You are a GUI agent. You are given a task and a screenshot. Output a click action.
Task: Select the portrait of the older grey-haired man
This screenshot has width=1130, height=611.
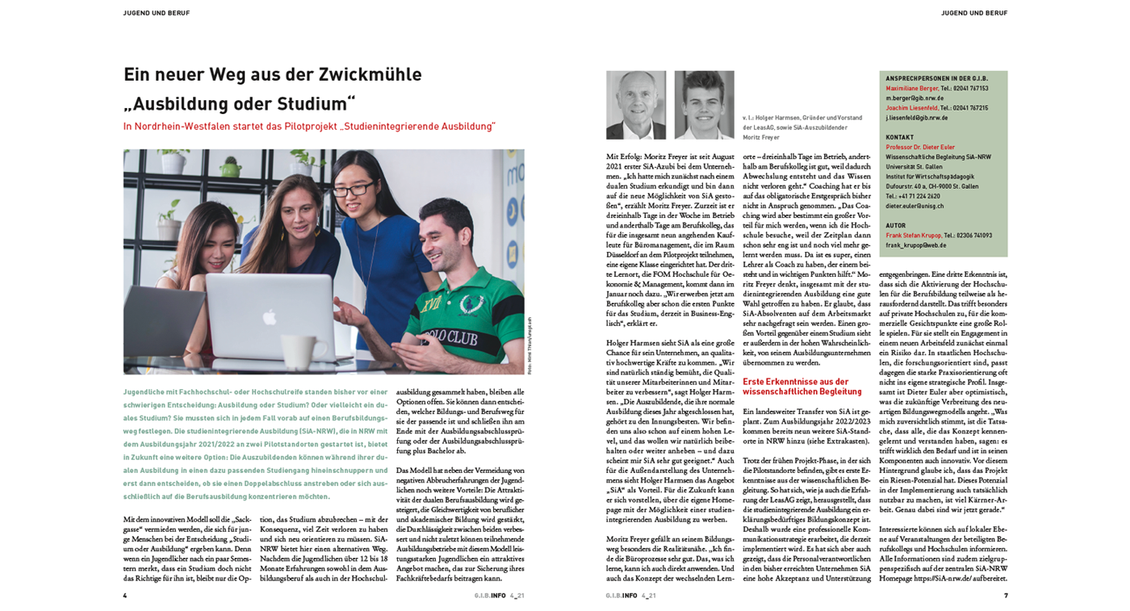(636, 105)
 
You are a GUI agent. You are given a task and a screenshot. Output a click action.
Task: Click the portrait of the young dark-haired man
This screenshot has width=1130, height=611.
(704, 105)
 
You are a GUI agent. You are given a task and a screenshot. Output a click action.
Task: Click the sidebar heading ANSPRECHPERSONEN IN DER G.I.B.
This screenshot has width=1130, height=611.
(936, 79)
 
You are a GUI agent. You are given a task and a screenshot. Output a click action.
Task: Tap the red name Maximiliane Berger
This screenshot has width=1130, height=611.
(912, 89)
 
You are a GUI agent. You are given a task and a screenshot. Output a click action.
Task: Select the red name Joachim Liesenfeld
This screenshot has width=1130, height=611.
(911, 108)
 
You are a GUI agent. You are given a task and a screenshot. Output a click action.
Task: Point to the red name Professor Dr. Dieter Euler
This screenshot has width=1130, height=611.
(919, 148)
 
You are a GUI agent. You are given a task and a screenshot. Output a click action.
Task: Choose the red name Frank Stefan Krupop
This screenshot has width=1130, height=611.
(913, 236)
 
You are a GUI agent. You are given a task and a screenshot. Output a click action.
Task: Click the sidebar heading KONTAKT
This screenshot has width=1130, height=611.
(900, 138)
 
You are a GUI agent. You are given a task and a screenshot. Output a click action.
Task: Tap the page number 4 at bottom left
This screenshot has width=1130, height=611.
(125, 596)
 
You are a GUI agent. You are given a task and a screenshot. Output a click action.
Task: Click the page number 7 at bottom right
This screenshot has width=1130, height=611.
(1005, 596)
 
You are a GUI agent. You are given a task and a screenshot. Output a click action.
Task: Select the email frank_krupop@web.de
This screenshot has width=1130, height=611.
(915, 245)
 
